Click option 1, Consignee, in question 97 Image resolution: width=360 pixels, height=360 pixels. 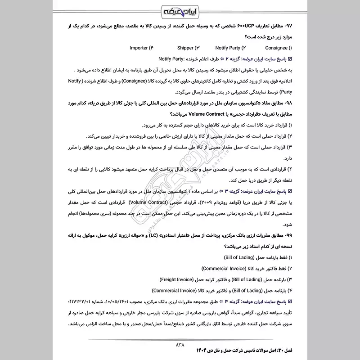278,47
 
